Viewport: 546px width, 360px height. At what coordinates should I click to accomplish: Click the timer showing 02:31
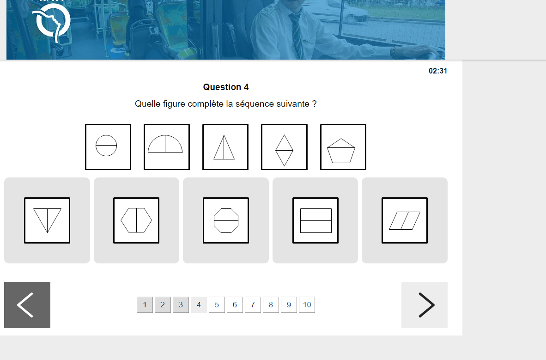pyautogui.click(x=438, y=71)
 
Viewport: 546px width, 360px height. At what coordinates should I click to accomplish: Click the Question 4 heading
pyautogui.click(x=225, y=87)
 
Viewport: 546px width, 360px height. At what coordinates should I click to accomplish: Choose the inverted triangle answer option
pyautogui.click(x=47, y=220)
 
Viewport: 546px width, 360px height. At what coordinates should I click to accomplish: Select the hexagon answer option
pyautogui.click(x=136, y=220)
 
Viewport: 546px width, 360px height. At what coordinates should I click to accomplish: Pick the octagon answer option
pyautogui.click(x=225, y=220)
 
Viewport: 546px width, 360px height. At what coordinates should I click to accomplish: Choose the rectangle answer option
pyautogui.click(x=315, y=220)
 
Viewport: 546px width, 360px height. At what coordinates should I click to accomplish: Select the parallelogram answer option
pyautogui.click(x=405, y=220)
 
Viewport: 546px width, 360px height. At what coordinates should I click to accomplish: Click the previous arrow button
pyautogui.click(x=27, y=305)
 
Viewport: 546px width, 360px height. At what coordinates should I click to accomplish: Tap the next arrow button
pyautogui.click(x=425, y=305)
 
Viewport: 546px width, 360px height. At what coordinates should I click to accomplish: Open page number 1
pyautogui.click(x=145, y=305)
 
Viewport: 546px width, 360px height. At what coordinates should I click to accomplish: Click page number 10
pyautogui.click(x=307, y=305)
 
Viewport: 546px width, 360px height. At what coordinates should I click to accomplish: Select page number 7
pyautogui.click(x=253, y=305)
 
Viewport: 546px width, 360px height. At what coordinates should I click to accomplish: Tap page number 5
pyautogui.click(x=217, y=305)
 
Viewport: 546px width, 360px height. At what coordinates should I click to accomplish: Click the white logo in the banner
pyautogui.click(x=52, y=22)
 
